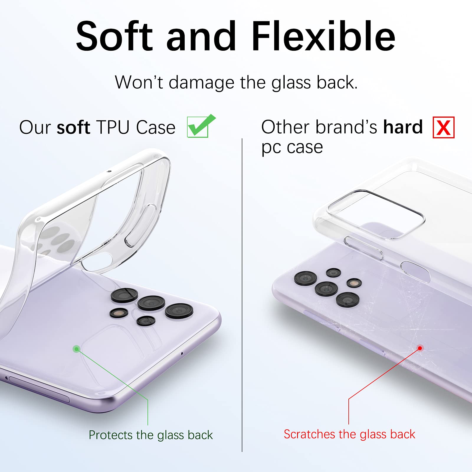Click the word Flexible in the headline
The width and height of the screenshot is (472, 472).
coord(323,36)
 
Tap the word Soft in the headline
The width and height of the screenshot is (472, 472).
coord(114,36)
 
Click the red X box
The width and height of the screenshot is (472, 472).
coord(443,127)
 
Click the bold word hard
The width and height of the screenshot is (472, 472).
coord(403,127)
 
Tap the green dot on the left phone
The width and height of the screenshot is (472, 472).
coord(76,349)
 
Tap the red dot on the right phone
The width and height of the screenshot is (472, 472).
coord(420,348)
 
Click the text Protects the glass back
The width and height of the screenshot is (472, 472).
coord(151,435)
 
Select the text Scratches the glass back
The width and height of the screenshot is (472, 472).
coord(350,434)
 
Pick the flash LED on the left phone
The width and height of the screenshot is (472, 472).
coord(119,313)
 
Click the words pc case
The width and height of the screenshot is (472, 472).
coord(292,148)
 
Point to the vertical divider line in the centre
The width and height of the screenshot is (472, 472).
coord(242,295)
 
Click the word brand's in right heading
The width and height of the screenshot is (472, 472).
coord(346,127)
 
